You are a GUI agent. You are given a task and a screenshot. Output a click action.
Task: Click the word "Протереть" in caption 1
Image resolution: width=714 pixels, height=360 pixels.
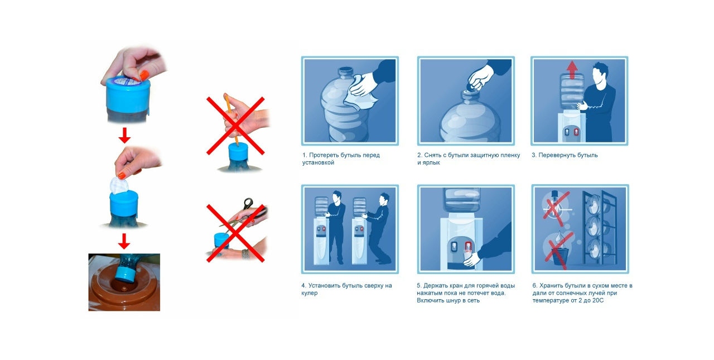[324, 155]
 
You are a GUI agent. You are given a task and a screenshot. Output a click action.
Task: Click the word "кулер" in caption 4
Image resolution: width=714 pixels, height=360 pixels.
[310, 293]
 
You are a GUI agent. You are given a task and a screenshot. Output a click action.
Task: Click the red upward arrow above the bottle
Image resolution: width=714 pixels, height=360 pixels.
[572, 70]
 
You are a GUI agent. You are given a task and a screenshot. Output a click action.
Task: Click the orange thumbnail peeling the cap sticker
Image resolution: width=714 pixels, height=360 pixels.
[144, 75]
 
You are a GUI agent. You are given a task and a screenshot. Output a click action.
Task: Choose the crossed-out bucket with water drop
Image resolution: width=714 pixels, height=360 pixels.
[558, 250]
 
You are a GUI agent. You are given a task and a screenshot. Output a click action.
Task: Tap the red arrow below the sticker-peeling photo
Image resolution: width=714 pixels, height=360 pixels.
[124, 135]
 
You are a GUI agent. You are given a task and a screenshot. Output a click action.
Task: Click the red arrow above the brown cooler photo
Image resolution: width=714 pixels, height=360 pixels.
[124, 241]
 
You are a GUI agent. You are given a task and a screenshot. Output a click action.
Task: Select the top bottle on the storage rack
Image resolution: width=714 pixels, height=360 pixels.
[594, 204]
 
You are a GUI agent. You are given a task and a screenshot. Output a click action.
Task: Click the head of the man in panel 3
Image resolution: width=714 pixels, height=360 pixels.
[600, 74]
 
